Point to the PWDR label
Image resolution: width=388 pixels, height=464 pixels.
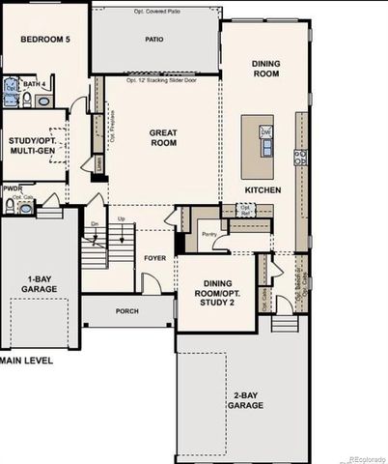point(13,189)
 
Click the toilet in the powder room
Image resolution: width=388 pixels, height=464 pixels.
point(9,207)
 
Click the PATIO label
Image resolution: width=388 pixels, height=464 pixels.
point(154,41)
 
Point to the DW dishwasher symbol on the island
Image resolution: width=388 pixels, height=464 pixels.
point(265,130)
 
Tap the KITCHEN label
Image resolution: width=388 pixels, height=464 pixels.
point(263,190)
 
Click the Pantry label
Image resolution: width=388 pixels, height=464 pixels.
point(207,233)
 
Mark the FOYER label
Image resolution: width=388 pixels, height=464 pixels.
point(155,258)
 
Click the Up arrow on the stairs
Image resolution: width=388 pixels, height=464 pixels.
point(120,219)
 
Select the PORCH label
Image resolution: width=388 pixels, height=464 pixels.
point(126,311)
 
